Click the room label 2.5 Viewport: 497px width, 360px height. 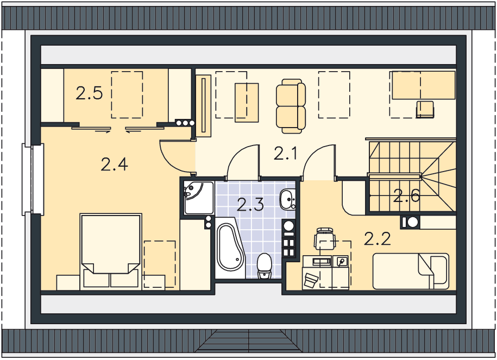89,93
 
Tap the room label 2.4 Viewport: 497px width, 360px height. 114,165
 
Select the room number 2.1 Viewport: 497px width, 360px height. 285,154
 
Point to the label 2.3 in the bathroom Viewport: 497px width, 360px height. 250,204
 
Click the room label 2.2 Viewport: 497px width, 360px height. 377,239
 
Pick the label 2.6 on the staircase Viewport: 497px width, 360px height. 407,196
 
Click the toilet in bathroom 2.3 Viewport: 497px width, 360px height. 264,266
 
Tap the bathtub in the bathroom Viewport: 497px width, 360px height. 230,248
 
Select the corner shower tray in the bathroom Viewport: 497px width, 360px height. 199,198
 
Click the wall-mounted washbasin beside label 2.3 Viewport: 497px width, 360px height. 287,199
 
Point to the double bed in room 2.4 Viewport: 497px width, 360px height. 111,251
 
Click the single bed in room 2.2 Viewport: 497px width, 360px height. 411,271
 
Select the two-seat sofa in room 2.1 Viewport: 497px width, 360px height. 291,106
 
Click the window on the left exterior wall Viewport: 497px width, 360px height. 33,179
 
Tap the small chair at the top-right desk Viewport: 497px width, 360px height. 425,110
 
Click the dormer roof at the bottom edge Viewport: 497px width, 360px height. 249,340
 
